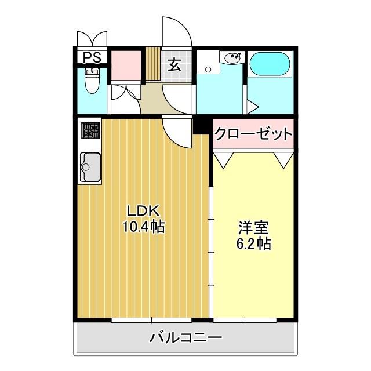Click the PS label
(x=92, y=58)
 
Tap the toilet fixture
(x=92, y=82)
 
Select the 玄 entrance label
(x=174, y=64)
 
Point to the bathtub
(x=270, y=64)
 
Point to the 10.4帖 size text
(x=143, y=227)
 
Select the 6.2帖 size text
(x=253, y=243)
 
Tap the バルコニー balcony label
(x=185, y=337)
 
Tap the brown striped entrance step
(x=152, y=64)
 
